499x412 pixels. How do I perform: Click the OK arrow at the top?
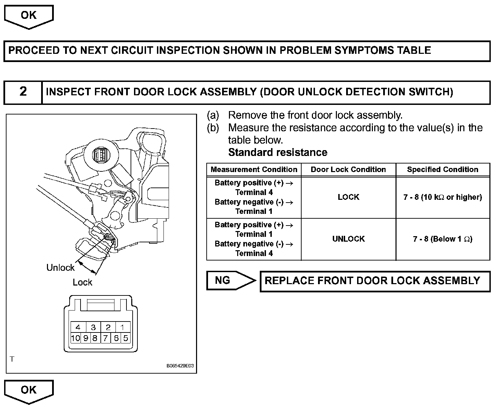click(29, 16)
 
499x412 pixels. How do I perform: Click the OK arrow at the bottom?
click(29, 390)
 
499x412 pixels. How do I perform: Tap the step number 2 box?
click(23, 92)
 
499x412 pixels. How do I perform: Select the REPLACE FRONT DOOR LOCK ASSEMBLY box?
click(375, 281)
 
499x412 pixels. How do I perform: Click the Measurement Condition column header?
click(254, 170)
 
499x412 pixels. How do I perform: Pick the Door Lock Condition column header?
click(348, 170)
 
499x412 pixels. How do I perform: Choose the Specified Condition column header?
click(442, 170)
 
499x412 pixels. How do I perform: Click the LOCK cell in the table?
click(348, 197)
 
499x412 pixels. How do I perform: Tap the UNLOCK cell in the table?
click(348, 239)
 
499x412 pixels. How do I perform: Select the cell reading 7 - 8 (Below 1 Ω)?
click(442, 239)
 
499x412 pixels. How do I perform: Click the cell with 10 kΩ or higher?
click(442, 197)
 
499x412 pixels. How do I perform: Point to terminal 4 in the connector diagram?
click(78, 327)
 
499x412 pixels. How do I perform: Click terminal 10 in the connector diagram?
click(75, 338)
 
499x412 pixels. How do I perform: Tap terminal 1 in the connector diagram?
click(122, 327)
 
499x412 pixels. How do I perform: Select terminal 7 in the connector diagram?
click(106, 338)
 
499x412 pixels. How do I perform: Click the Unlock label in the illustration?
click(60, 267)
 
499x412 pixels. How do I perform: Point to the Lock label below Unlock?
click(82, 282)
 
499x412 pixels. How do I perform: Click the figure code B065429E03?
click(180, 366)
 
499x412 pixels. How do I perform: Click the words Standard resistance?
click(278, 153)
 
